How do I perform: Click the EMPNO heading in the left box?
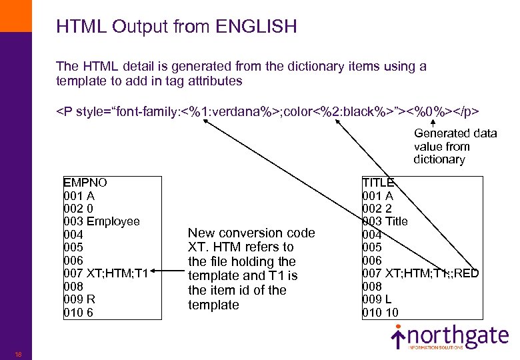pos(85,182)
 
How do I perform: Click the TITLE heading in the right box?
pos(378,182)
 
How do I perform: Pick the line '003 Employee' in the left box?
pos(101,221)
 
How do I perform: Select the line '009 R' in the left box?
pos(79,299)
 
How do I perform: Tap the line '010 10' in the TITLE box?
pos(381,313)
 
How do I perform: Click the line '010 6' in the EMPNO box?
pos(79,313)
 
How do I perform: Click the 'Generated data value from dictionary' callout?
pos(455,146)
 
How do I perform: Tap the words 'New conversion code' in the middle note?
pos(251,233)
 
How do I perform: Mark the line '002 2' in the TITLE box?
pos(377,208)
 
